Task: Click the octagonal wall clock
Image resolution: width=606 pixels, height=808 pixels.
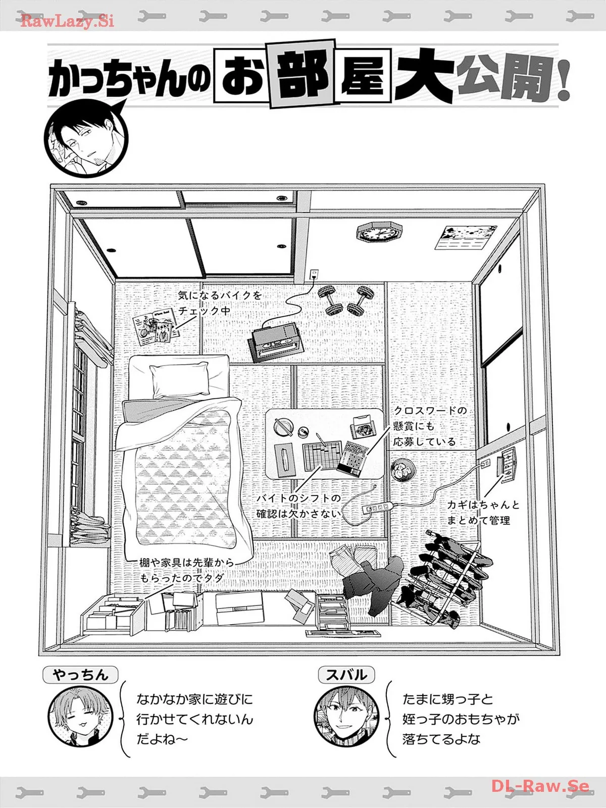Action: pyautogui.click(x=380, y=233)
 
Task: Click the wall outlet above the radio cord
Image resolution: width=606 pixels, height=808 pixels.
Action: pyautogui.click(x=314, y=274)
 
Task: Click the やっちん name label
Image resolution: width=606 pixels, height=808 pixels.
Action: pyautogui.click(x=80, y=675)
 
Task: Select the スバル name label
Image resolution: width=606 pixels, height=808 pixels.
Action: pyautogui.click(x=346, y=675)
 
